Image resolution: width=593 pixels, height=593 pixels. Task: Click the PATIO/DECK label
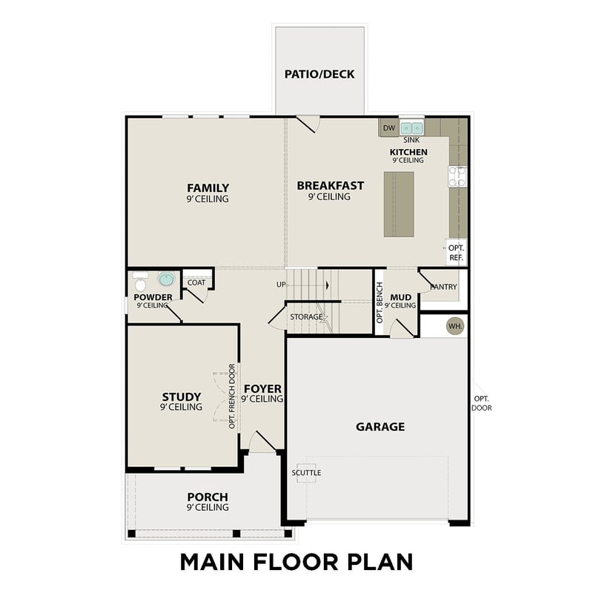(319, 74)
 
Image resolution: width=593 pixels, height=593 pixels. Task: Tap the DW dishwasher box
(389, 128)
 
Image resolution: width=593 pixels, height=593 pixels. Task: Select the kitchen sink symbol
(411, 128)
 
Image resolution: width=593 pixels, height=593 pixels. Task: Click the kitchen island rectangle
(399, 204)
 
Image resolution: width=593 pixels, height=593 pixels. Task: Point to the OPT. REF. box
(456, 253)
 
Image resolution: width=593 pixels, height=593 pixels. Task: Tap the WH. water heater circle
(454, 325)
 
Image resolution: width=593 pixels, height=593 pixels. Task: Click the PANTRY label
(444, 287)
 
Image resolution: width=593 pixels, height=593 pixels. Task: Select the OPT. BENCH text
(380, 302)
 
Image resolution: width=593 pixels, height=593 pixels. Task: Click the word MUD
(400, 297)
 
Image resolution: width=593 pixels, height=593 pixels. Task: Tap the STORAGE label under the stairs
(306, 317)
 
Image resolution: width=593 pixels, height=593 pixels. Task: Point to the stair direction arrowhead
(327, 284)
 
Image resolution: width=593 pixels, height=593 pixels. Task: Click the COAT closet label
(196, 282)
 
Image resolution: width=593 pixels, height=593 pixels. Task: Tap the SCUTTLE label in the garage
(306, 472)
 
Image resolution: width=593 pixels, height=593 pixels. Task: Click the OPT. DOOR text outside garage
(482, 403)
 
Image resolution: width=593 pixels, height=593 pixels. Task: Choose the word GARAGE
(380, 426)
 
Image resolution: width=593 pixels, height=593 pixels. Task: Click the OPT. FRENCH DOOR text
(232, 396)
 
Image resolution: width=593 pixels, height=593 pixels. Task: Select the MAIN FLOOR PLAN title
(296, 561)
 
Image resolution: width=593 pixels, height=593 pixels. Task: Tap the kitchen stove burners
(457, 176)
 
